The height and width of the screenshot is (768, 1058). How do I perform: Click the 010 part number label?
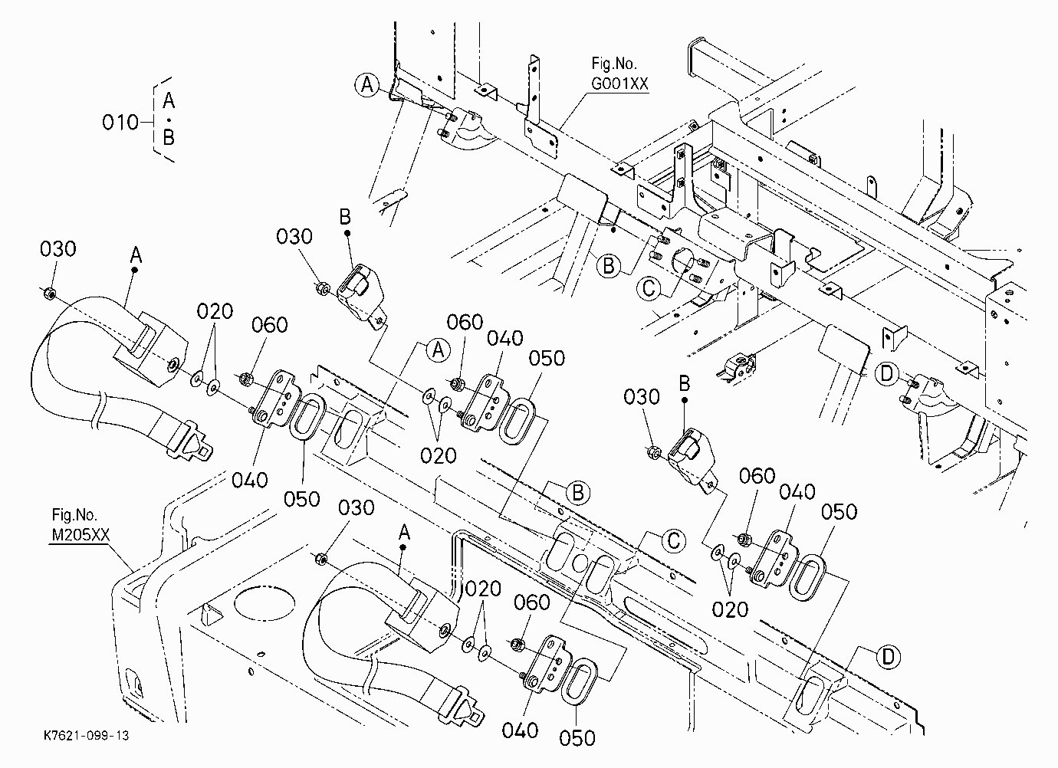[120, 123]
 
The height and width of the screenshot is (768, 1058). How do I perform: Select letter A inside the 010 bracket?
[169, 100]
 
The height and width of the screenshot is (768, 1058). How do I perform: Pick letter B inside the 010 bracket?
[169, 137]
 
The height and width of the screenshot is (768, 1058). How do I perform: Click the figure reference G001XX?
[619, 84]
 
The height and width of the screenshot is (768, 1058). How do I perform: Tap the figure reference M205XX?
[80, 535]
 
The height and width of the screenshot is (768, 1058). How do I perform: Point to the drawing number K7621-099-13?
[86, 735]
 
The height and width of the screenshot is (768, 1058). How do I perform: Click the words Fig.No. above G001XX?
[614, 64]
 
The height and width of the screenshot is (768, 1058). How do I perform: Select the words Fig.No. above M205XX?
[74, 514]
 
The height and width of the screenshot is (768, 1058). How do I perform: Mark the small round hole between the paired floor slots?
[580, 564]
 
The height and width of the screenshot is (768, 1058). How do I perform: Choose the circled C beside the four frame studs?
[649, 288]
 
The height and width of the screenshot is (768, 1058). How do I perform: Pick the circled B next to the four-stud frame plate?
[609, 266]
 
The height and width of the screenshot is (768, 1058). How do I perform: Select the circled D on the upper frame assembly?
[886, 375]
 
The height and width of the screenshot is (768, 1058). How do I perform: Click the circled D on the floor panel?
[889, 657]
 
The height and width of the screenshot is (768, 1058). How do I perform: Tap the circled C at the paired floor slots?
[674, 540]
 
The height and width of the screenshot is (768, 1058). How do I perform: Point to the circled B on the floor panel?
[577, 493]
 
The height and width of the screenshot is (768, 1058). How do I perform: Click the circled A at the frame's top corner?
[367, 86]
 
